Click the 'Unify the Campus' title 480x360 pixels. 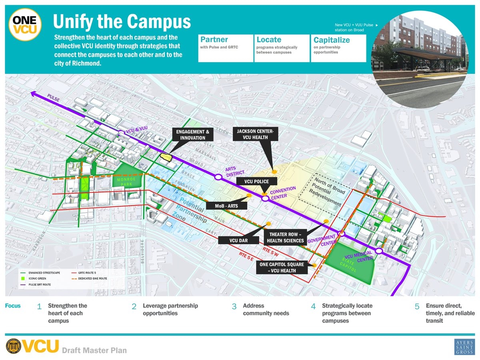click(x=122, y=22)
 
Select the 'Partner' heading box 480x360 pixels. click(x=226, y=48)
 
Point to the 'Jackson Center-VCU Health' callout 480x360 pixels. click(x=252, y=134)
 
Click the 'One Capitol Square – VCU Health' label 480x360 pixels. click(x=282, y=268)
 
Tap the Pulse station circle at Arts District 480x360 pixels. click(x=218, y=177)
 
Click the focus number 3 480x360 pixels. click(x=234, y=307)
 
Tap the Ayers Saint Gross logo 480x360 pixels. click(x=464, y=347)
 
